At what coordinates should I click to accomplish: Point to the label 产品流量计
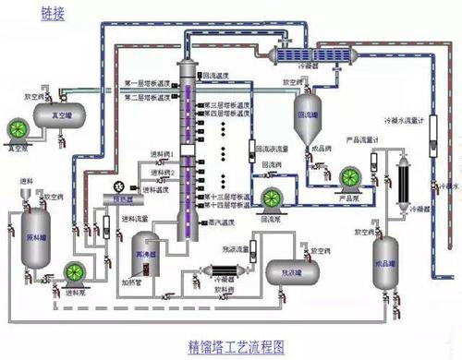tap(364, 140)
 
